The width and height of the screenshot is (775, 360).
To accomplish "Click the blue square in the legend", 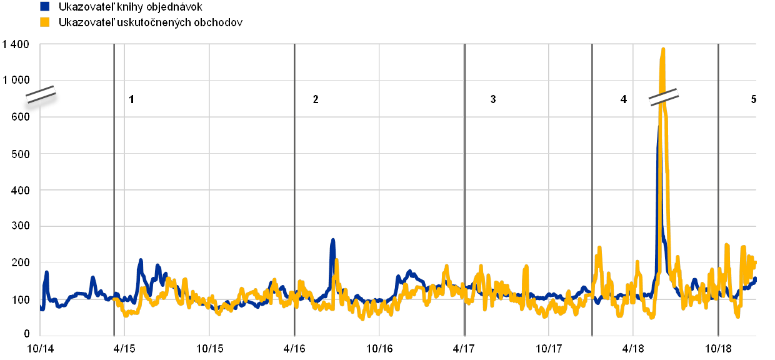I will point(44,7).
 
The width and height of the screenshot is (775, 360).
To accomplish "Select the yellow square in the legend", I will point(44,22).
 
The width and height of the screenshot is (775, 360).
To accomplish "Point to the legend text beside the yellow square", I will point(150,22).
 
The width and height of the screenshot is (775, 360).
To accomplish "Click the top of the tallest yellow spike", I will point(662,49).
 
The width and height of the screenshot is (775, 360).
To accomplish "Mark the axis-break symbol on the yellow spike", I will point(663,97).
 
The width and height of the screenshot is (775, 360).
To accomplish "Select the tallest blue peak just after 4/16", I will point(333,239).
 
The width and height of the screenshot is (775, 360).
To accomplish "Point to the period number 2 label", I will point(316,99).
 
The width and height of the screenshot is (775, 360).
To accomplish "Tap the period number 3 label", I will point(493,99).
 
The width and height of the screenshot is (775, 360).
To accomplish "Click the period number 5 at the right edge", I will point(754,99).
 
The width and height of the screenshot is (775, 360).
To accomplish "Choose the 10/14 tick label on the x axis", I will point(39,347).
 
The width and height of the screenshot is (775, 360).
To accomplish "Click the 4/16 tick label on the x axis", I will point(294,347).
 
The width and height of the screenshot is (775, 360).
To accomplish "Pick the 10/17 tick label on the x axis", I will point(548,347).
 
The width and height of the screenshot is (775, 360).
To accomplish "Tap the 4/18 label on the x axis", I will point(633,347).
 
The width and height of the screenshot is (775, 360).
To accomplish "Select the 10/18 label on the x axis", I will point(718,347).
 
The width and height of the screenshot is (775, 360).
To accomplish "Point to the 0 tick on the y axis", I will point(26,336).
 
